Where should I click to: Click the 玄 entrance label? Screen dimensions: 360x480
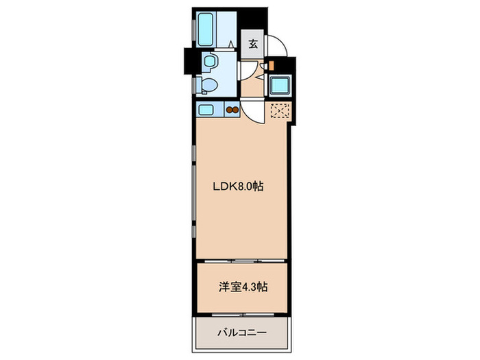coord(252,45)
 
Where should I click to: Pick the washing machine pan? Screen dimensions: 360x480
coord(279,86)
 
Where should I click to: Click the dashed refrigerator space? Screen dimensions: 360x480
coord(279,111)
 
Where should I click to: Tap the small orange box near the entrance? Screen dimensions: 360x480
coord(271,66)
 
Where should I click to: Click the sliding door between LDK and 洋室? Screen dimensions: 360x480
coord(240,262)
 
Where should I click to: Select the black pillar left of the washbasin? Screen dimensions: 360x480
coord(189,62)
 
